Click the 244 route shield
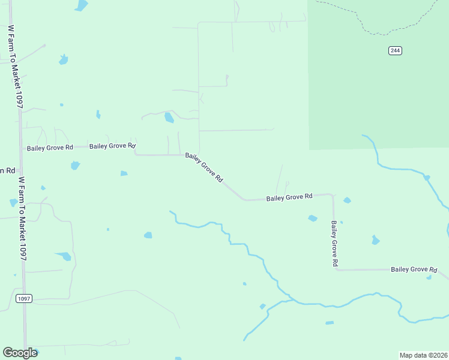[x=394, y=50]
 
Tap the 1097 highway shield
[x=23, y=298]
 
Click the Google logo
[x=20, y=353]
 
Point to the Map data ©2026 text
[x=423, y=355]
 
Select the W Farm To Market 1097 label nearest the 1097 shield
[x=23, y=218]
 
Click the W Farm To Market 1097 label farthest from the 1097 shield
[x=16, y=66]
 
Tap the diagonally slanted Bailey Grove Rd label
[x=204, y=167]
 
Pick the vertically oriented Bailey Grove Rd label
[x=334, y=243]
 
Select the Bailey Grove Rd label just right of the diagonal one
[x=289, y=197]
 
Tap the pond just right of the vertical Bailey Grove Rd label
[x=375, y=240]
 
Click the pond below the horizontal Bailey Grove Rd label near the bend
[x=312, y=218]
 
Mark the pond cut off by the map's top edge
[x=81, y=5]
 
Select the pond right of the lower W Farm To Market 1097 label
[x=64, y=256]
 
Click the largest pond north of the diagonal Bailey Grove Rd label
[x=169, y=118]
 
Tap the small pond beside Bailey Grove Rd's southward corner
[x=347, y=200]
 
